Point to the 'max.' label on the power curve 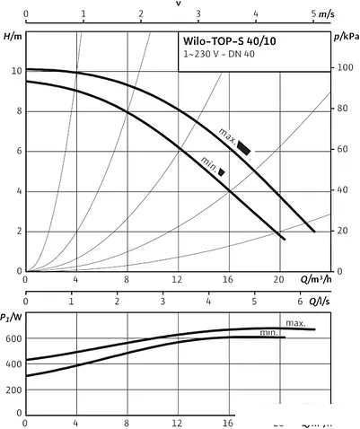[295, 322]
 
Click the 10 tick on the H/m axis [14, 70]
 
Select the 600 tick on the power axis [13, 338]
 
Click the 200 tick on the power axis [13, 392]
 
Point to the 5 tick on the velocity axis [313, 14]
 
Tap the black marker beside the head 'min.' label [221, 171]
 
